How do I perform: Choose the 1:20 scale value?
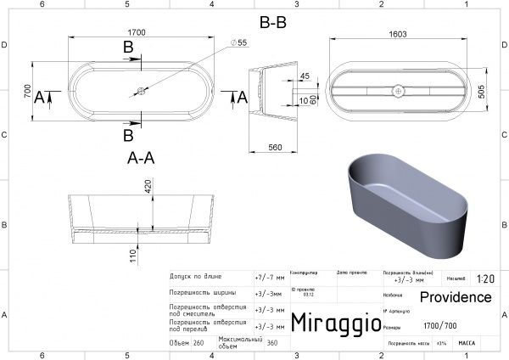tap(486, 278)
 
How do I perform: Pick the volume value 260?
tap(199, 343)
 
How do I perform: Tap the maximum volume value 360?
tap(271, 343)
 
